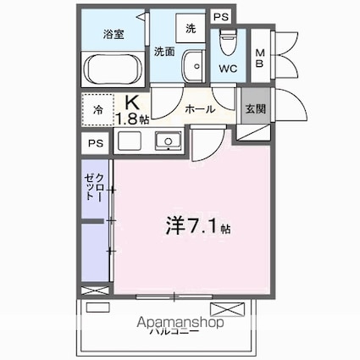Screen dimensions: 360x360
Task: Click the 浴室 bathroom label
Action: click(x=113, y=35)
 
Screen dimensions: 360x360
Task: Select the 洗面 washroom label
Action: click(x=164, y=52)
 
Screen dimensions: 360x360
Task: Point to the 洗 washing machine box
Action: click(x=191, y=28)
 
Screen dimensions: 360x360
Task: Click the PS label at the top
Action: click(x=220, y=17)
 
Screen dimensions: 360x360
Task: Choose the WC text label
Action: click(x=228, y=68)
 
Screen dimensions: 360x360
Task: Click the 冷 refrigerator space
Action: click(x=99, y=111)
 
